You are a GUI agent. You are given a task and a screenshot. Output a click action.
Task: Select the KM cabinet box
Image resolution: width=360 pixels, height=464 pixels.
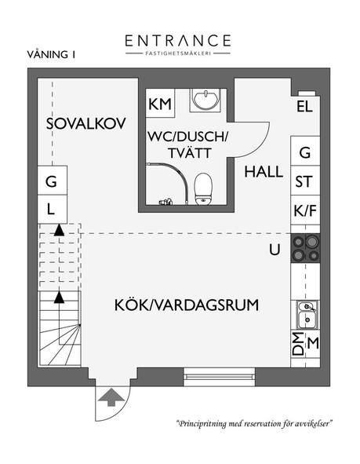(x=161, y=104)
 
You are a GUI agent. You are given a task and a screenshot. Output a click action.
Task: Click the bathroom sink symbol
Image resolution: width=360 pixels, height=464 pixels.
(x=207, y=100)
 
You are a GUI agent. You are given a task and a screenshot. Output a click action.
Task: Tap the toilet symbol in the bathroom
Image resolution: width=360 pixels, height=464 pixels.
(x=203, y=187)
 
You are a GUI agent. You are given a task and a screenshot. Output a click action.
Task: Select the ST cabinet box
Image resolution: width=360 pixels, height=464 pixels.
(x=305, y=182)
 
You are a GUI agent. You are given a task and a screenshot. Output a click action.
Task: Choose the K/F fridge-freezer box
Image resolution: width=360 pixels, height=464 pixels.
(x=305, y=210)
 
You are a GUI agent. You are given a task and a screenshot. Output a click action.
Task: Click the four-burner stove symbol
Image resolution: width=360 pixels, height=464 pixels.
(x=305, y=248)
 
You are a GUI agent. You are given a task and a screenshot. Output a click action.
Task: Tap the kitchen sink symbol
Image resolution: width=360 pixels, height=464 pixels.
(x=305, y=316)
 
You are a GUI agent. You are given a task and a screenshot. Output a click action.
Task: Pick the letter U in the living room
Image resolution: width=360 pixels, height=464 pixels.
(x=274, y=250)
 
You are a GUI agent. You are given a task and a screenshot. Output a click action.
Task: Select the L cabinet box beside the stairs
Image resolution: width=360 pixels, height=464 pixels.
(x=50, y=209)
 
